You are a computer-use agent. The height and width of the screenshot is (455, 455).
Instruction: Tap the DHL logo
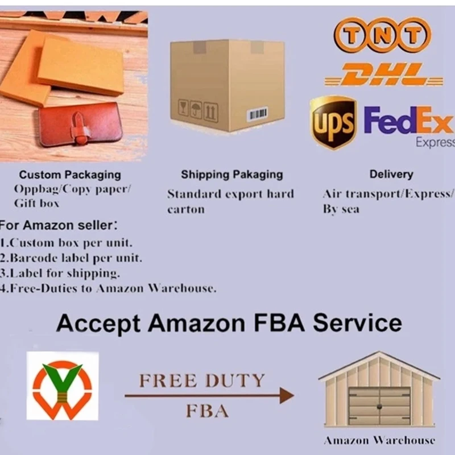(383, 75)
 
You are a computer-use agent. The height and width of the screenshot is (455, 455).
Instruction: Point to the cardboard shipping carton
(227, 85)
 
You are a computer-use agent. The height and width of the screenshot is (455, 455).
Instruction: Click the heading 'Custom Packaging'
(70, 175)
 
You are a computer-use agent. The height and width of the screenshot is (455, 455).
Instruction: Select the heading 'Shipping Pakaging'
(231, 175)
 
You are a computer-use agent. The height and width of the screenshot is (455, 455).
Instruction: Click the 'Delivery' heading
(391, 175)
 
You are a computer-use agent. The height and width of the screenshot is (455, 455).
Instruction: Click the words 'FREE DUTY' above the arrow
(202, 380)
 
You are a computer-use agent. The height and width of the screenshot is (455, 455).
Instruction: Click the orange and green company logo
(62, 386)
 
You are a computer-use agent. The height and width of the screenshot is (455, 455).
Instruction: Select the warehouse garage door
(379, 406)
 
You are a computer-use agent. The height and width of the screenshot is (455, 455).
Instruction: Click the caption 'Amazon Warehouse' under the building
(379, 440)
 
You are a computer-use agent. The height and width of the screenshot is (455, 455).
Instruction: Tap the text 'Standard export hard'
(230, 194)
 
